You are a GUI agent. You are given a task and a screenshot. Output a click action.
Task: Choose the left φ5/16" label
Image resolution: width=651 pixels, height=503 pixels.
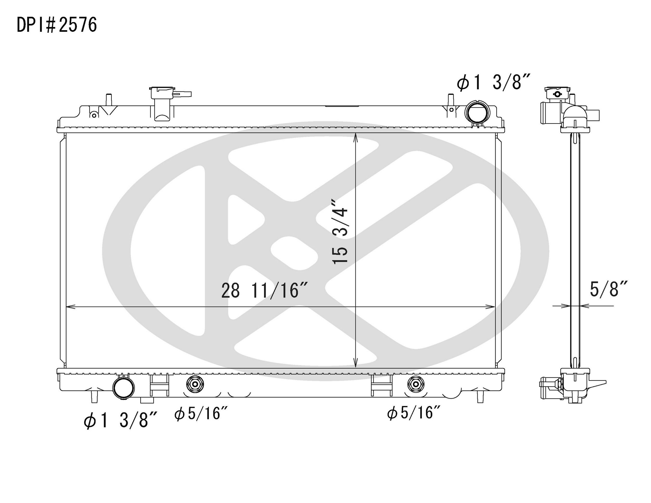[201, 414]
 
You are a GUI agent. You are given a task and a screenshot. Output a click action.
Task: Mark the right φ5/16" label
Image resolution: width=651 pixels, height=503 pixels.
[414, 413]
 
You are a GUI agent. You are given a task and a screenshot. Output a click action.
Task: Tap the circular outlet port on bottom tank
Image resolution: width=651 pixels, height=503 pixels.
[123, 387]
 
